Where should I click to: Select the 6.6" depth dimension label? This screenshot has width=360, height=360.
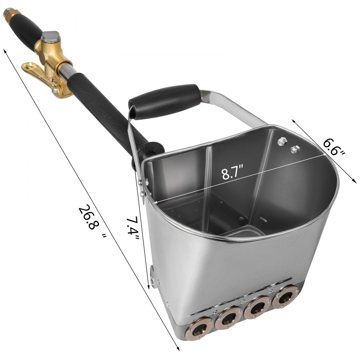click(x=334, y=147)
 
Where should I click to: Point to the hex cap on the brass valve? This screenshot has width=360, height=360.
click(x=50, y=36)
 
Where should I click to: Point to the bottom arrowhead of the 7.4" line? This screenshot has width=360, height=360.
click(x=149, y=288)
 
